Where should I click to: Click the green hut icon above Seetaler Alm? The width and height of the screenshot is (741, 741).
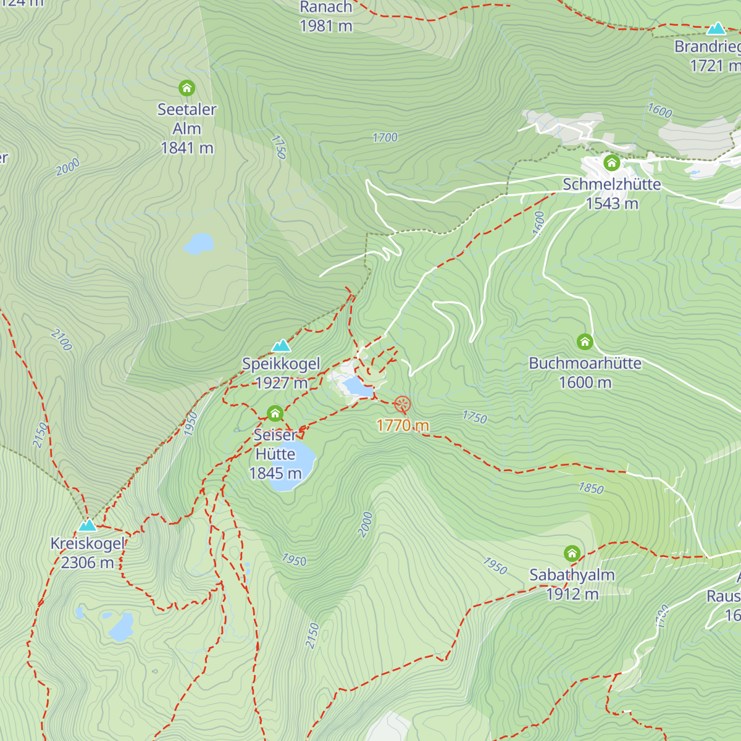(186, 88)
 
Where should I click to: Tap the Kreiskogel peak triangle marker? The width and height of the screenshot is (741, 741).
(87, 525)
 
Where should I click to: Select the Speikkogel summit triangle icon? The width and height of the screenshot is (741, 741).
(282, 345)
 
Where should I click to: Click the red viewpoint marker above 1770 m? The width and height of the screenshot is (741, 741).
(402, 404)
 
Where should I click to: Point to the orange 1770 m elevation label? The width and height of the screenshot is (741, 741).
(403, 425)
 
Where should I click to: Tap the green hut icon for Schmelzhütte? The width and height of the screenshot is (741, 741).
(611, 163)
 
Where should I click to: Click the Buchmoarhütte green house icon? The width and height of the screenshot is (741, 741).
(585, 341)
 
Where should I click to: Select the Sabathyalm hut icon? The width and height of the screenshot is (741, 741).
(572, 553)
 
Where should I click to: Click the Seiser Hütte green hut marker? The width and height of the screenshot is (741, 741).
(275, 413)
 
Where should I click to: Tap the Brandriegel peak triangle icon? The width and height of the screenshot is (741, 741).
(716, 28)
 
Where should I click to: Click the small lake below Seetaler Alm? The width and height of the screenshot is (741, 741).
(198, 244)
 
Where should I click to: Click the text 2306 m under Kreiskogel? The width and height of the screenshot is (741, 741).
(87, 563)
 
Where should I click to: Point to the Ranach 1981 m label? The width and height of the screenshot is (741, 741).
(326, 17)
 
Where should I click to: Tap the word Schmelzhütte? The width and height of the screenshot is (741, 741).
(611, 184)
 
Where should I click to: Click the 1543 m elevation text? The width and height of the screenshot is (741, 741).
(611, 203)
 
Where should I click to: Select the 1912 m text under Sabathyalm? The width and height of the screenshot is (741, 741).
(572, 594)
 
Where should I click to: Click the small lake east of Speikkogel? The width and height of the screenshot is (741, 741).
(358, 387)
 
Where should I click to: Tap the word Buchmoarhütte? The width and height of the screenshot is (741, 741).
(585, 363)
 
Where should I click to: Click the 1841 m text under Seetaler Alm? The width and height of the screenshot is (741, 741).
(186, 148)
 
